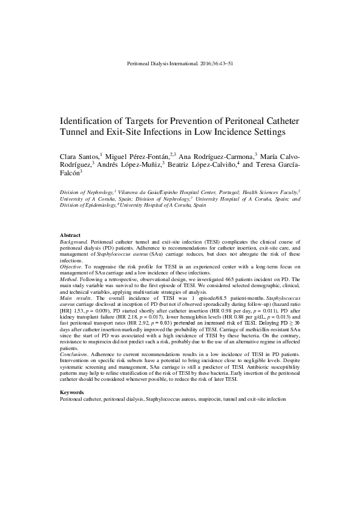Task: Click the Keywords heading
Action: pos(71,392)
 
